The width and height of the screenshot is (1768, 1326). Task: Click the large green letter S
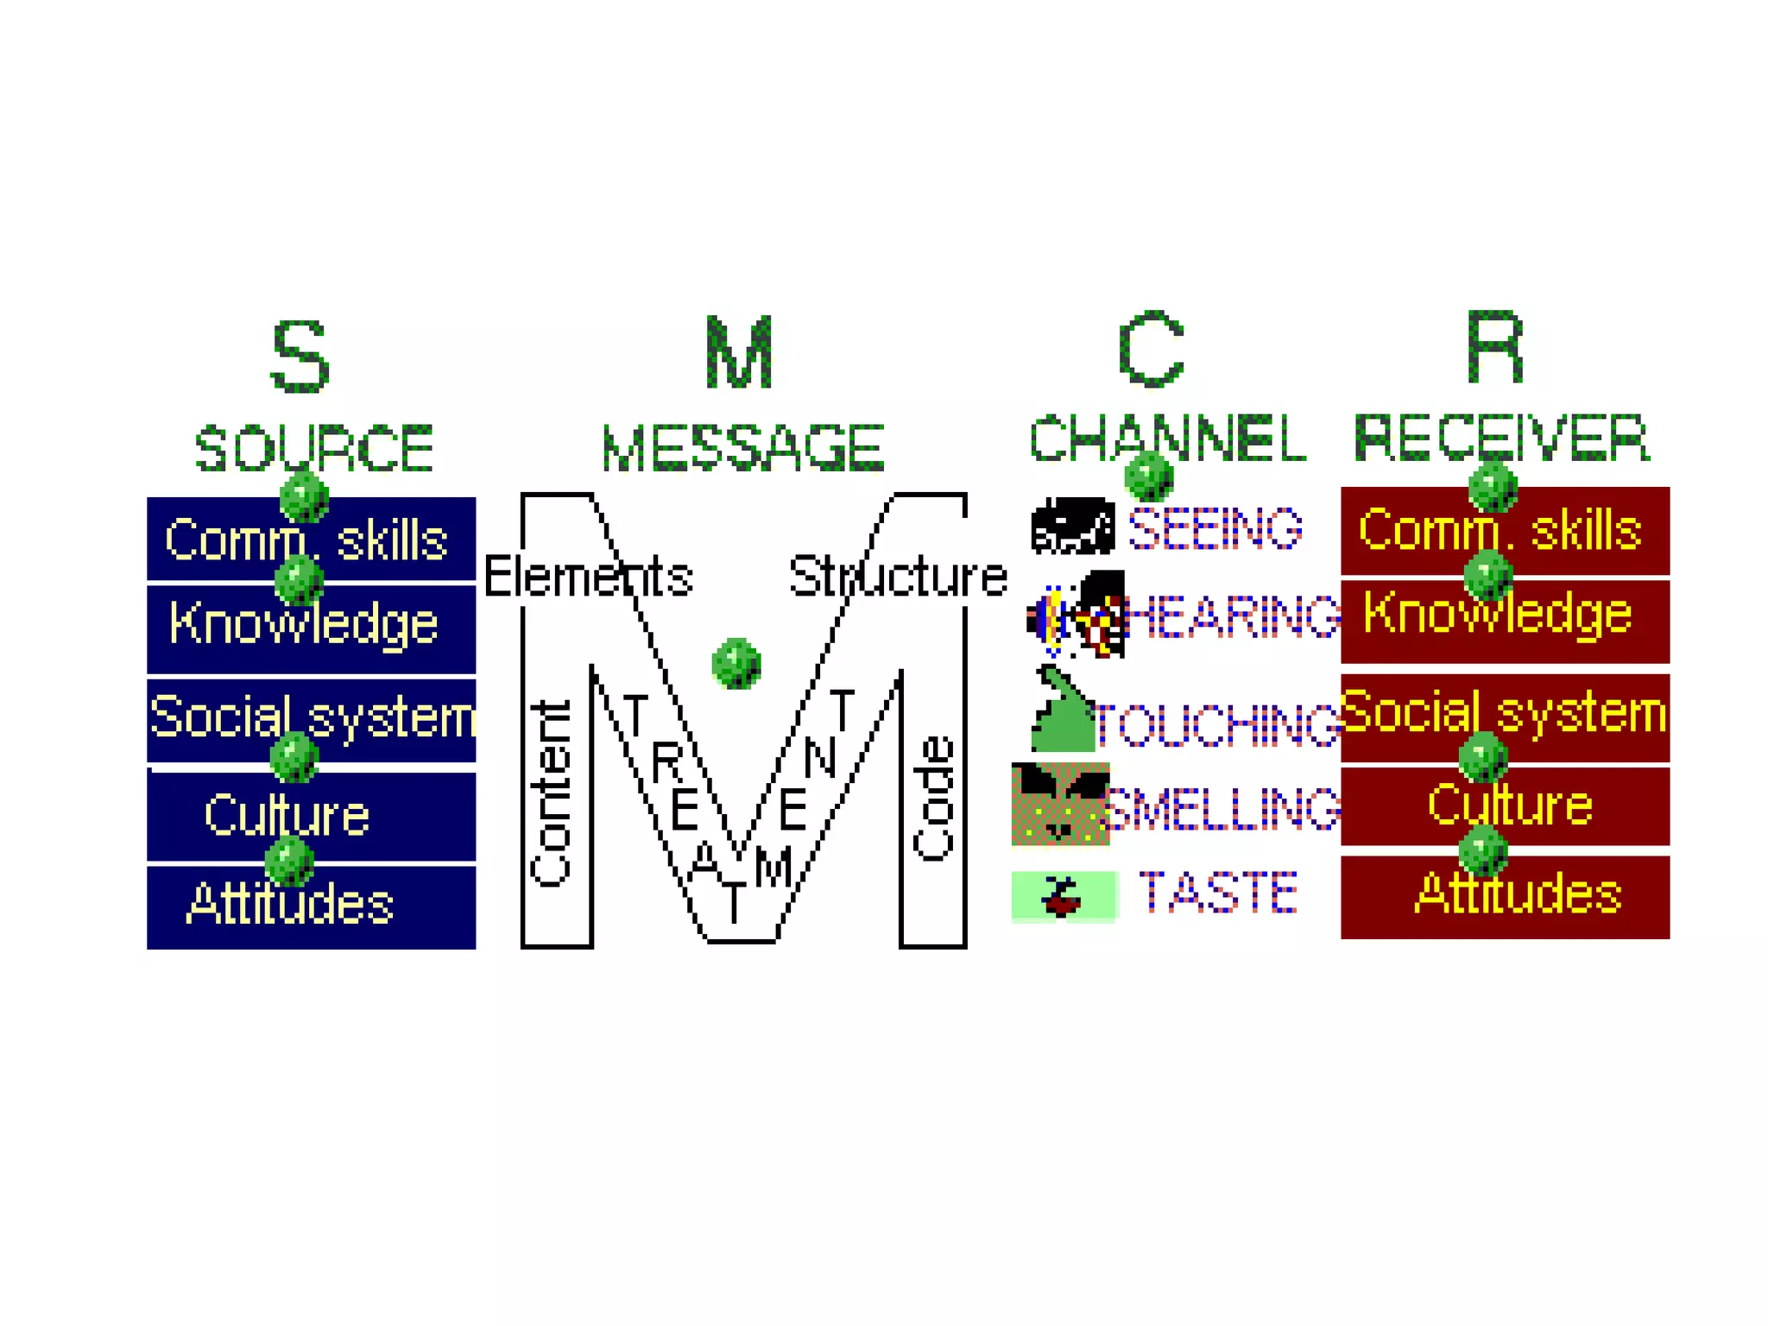pos(300,356)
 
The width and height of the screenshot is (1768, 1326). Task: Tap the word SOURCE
pos(313,448)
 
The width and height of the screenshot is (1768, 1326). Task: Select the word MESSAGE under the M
pos(742,448)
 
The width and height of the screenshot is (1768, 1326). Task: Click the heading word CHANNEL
pos(1167,438)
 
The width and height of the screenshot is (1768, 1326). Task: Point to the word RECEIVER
pos(1501,438)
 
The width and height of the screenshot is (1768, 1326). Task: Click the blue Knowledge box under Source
pos(311,628)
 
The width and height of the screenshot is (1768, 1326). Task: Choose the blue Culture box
pos(311,816)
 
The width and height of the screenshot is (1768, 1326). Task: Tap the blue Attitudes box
pos(311,906)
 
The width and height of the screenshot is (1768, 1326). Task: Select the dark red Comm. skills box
pos(1505,530)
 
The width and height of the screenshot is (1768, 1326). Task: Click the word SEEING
pos(1215,528)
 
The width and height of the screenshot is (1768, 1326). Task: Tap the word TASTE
pos(1218,893)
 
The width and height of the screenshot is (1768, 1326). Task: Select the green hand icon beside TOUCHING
pos(1062,712)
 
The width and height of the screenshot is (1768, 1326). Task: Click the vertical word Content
pos(551,794)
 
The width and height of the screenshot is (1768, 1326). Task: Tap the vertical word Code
pos(934,799)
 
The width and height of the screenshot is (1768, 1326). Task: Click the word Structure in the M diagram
pos(898,577)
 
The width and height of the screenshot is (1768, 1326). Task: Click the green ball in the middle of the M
pos(736,663)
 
